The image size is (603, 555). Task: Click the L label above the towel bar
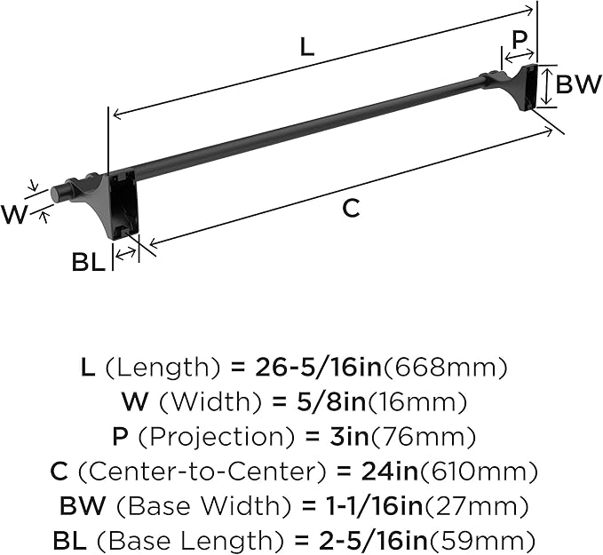pos(306,47)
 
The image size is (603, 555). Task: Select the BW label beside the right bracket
pos(577,84)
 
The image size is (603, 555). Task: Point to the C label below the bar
pos(352,208)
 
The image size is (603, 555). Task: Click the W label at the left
pos(15,214)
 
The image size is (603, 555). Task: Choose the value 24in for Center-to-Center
pos(392,472)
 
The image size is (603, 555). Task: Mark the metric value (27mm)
pos(477,506)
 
